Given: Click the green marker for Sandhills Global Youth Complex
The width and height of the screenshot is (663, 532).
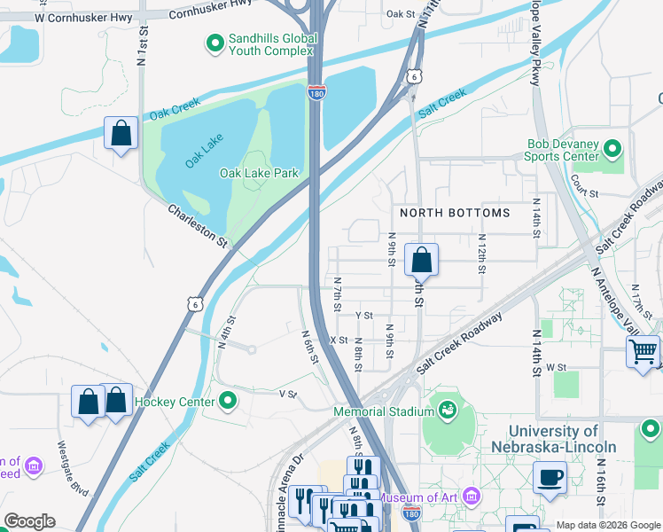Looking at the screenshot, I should tap(214, 42).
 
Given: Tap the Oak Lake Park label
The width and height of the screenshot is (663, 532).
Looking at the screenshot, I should tap(259, 173).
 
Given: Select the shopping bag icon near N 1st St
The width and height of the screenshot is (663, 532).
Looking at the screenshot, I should tap(121, 135).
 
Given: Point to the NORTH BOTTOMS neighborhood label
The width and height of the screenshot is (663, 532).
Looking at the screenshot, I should tap(455, 213).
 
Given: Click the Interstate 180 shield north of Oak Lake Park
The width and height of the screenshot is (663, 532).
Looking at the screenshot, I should tap(317, 93).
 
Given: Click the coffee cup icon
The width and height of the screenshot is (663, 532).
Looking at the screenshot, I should tap(550, 477).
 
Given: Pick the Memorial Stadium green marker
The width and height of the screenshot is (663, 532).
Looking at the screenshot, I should tap(447, 411).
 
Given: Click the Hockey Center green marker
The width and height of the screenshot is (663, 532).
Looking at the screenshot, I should tap(228, 402).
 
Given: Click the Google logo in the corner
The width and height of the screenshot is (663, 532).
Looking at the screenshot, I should tap(29, 521).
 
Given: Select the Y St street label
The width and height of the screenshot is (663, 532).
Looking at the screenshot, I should tap(363, 315).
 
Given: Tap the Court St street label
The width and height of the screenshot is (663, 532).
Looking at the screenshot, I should tap(586, 192).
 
